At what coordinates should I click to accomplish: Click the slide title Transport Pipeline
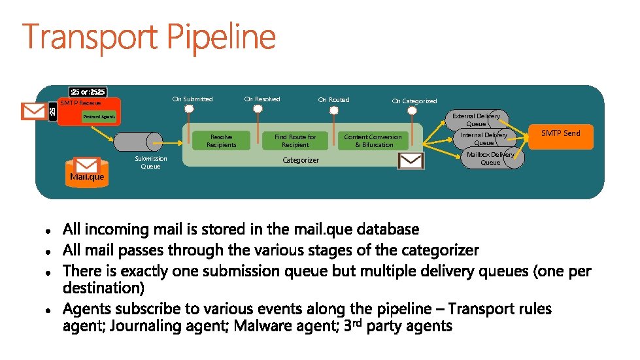[x=149, y=38]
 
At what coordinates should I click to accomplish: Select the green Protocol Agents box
[x=99, y=117]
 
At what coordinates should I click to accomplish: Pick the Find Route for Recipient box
[x=295, y=140]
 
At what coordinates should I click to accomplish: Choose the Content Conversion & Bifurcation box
[x=374, y=140]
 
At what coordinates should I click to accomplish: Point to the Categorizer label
[x=300, y=160]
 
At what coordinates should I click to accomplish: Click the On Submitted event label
[x=192, y=99]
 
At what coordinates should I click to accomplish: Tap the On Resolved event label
[x=262, y=99]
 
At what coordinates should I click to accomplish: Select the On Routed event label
[x=333, y=100]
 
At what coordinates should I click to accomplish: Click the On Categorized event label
[x=414, y=101]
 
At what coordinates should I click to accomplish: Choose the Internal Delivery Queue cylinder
[x=484, y=139]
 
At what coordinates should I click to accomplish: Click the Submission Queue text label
[x=150, y=163]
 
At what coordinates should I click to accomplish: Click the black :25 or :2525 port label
[x=88, y=91]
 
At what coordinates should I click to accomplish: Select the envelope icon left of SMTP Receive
[x=33, y=112]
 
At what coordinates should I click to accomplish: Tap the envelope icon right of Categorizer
[x=411, y=161]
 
